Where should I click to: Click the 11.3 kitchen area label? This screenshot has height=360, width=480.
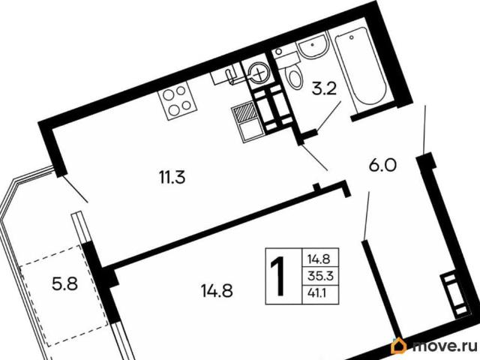pos(172,177)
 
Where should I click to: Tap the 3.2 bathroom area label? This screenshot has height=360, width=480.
pos(324,90)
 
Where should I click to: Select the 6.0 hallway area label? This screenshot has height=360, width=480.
pos(382,166)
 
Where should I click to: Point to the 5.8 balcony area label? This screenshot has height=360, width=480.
pos(65,284)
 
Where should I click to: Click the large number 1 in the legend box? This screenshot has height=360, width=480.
pos(279,276)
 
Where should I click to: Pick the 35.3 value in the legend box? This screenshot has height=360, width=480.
pos(320,277)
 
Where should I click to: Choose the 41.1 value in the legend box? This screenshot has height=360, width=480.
pos(316,293)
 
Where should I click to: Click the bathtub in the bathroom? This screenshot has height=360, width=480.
pos(361,66)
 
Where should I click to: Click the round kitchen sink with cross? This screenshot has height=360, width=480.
pos(259,72)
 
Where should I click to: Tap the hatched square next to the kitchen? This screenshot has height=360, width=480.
pos(244,112)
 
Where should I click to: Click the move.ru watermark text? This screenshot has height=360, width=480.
pos(445,346)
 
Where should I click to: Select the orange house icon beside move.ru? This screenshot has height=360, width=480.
pos(399,346)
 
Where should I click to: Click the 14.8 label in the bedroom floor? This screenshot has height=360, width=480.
pos(217,290)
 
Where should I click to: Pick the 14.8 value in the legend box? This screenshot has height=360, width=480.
pos(320,259)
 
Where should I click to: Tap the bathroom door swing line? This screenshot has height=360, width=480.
pos(328,116)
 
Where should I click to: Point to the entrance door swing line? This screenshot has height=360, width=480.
pos(424,129)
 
